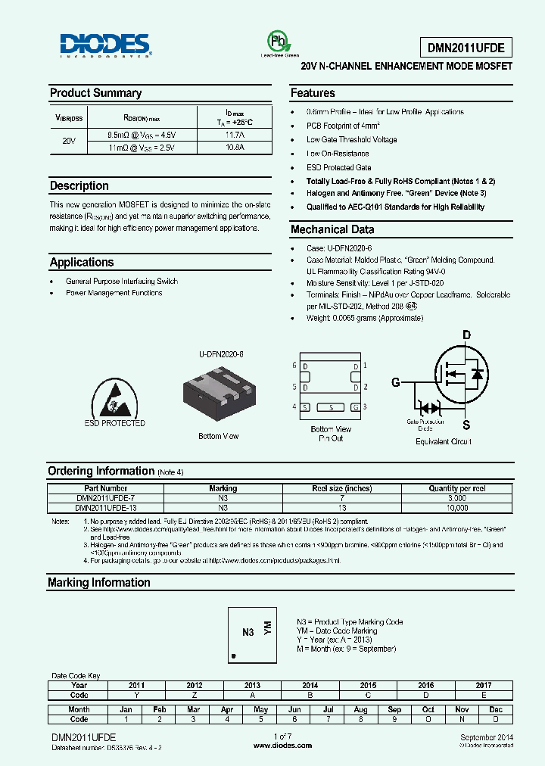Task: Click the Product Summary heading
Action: tap(95, 93)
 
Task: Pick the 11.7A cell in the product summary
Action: tap(235, 135)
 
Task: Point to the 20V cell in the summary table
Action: tap(69, 141)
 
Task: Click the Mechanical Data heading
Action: tap(332, 229)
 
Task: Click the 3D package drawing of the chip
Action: tap(220, 391)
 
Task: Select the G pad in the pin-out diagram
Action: tap(354, 407)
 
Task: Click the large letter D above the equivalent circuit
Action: tap(466, 335)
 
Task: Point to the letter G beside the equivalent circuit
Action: tap(395, 382)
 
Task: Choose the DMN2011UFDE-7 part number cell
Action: tap(106, 499)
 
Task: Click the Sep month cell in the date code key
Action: tap(394, 709)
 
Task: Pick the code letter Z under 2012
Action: tap(194, 695)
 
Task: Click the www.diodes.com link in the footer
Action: tap(282, 746)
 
